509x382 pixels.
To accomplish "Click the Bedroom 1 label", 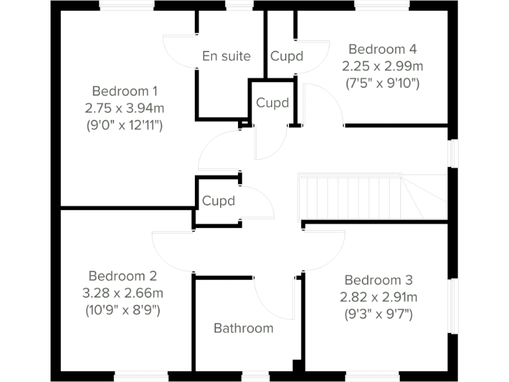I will (125, 91).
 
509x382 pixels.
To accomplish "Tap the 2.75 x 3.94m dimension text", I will (125, 107).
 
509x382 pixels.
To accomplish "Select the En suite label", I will (227, 56).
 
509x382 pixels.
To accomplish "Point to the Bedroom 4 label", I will (382, 49).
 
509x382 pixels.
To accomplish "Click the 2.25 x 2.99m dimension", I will (382, 66).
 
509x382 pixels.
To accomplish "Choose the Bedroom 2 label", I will (123, 276).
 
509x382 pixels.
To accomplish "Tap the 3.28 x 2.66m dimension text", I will (123, 292).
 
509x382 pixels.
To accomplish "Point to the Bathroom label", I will (243, 328).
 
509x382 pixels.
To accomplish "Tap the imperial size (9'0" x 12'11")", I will (125, 124).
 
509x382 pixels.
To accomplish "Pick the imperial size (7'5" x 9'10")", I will (382, 84).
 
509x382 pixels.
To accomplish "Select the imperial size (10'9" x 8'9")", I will (123, 310).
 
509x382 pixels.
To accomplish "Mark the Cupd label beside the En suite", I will (286, 56).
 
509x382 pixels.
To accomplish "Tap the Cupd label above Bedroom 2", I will (219, 201).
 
